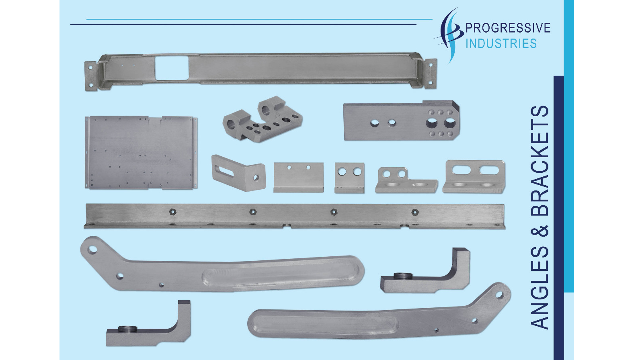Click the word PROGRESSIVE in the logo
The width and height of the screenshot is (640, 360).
(x=508, y=28)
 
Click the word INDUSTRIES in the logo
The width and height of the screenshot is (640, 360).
(x=501, y=43)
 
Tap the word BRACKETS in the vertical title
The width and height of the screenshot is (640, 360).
(x=540, y=161)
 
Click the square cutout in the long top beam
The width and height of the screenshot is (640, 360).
(x=171, y=67)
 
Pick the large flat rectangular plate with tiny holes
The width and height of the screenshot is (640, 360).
(x=141, y=152)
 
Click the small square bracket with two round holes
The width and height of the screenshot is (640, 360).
(x=349, y=177)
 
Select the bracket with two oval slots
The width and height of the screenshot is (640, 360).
(x=474, y=176)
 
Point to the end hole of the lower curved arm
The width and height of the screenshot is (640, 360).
(x=499, y=295)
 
